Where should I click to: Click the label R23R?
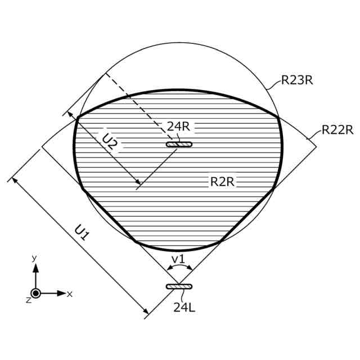(x=297, y=80)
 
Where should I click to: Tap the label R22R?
(x=337, y=130)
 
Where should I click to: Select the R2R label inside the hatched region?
(x=222, y=182)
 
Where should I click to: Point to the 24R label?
(x=178, y=126)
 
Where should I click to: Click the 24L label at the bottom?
(x=184, y=307)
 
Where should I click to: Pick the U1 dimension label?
(x=82, y=233)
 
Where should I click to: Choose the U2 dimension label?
(x=110, y=142)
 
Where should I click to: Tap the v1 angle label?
(x=178, y=259)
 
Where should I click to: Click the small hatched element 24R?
(x=179, y=144)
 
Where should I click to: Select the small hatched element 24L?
(x=179, y=286)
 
